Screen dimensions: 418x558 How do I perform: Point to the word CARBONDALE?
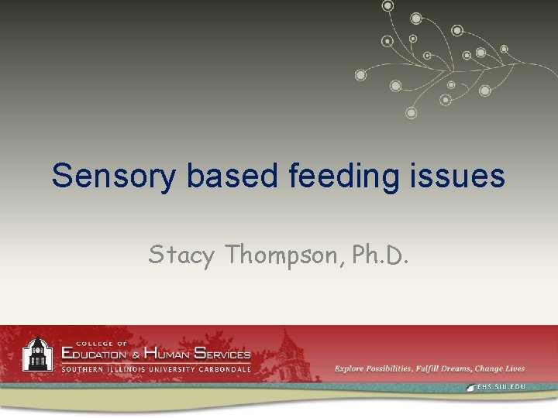222,368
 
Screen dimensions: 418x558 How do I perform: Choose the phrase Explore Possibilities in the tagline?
372,368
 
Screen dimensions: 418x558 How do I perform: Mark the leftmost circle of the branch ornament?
360,75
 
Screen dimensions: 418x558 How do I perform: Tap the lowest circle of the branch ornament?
412,113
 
